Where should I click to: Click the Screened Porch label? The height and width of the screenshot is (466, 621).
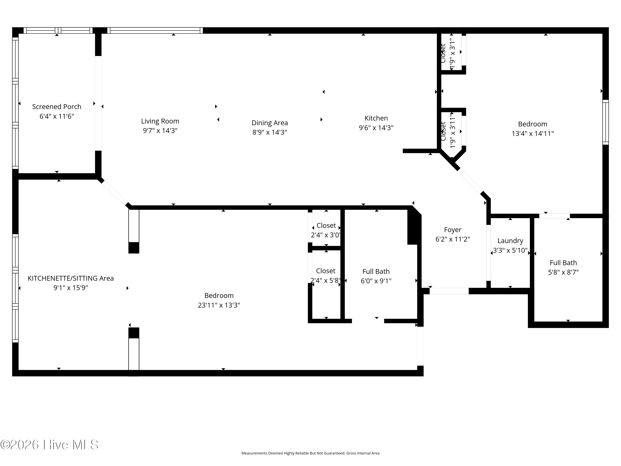tap(57, 107)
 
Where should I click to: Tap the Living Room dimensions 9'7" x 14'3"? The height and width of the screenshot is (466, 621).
tap(160, 131)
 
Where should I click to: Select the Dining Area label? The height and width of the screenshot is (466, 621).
tap(270, 123)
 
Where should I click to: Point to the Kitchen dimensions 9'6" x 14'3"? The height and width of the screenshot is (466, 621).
tap(376, 128)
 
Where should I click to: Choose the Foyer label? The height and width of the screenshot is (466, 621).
tap(453, 230)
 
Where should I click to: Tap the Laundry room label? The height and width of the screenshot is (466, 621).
tap(510, 241)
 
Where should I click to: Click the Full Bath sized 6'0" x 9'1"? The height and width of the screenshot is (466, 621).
tap(376, 276)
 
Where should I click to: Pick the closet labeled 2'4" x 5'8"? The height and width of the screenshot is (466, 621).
tap(326, 275)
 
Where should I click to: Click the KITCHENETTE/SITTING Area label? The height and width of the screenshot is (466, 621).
tap(71, 278)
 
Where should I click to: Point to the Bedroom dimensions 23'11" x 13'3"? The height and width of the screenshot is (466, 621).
tap(219, 305)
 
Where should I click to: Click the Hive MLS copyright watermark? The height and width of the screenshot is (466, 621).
tap(49, 445)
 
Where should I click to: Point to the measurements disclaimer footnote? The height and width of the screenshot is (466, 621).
tap(310, 453)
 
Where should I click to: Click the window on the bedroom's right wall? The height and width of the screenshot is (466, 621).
tap(605, 122)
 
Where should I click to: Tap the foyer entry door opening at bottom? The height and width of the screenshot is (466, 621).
tap(449, 291)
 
